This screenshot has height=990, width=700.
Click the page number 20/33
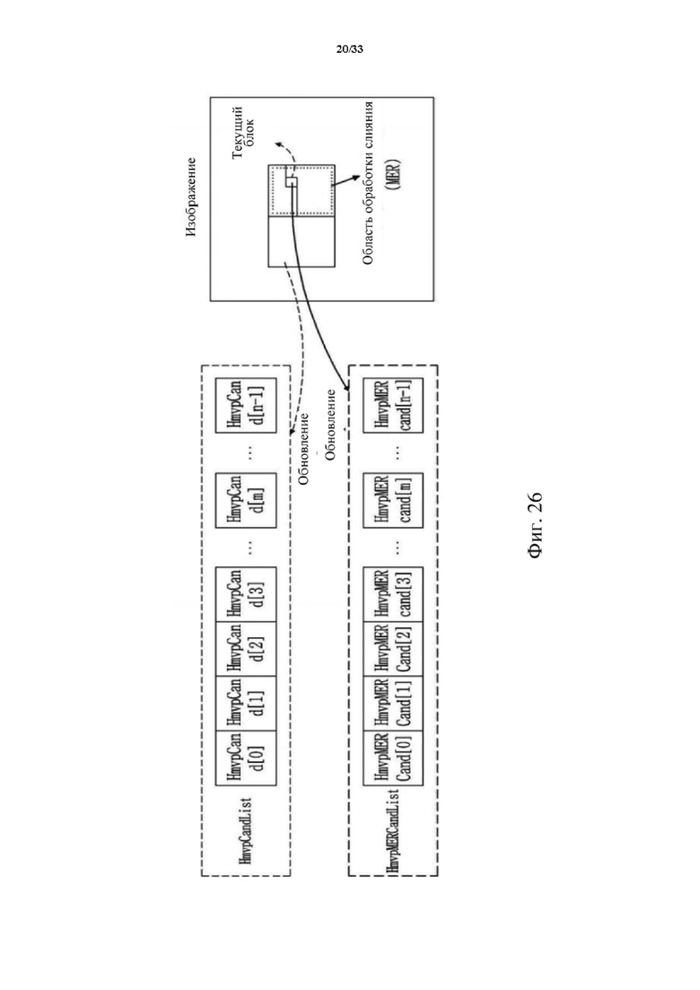350,48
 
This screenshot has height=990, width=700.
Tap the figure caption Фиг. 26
533,525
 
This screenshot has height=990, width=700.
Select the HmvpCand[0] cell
246,759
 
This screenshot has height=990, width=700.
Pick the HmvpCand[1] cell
246,704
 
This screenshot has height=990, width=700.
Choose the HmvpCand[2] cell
246,649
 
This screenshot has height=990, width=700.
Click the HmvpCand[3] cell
246,594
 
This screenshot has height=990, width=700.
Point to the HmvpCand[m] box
246,500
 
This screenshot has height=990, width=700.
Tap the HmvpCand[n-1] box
246,406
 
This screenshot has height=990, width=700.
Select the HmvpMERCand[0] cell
393,759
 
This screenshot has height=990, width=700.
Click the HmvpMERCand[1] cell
393,704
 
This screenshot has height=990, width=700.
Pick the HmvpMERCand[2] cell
393,649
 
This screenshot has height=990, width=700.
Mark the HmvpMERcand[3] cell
393,594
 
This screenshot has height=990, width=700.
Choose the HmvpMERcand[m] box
393,500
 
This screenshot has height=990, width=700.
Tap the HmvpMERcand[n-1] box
393,406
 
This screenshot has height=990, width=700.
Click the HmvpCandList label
246,830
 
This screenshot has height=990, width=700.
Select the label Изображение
191,197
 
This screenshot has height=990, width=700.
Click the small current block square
291,182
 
